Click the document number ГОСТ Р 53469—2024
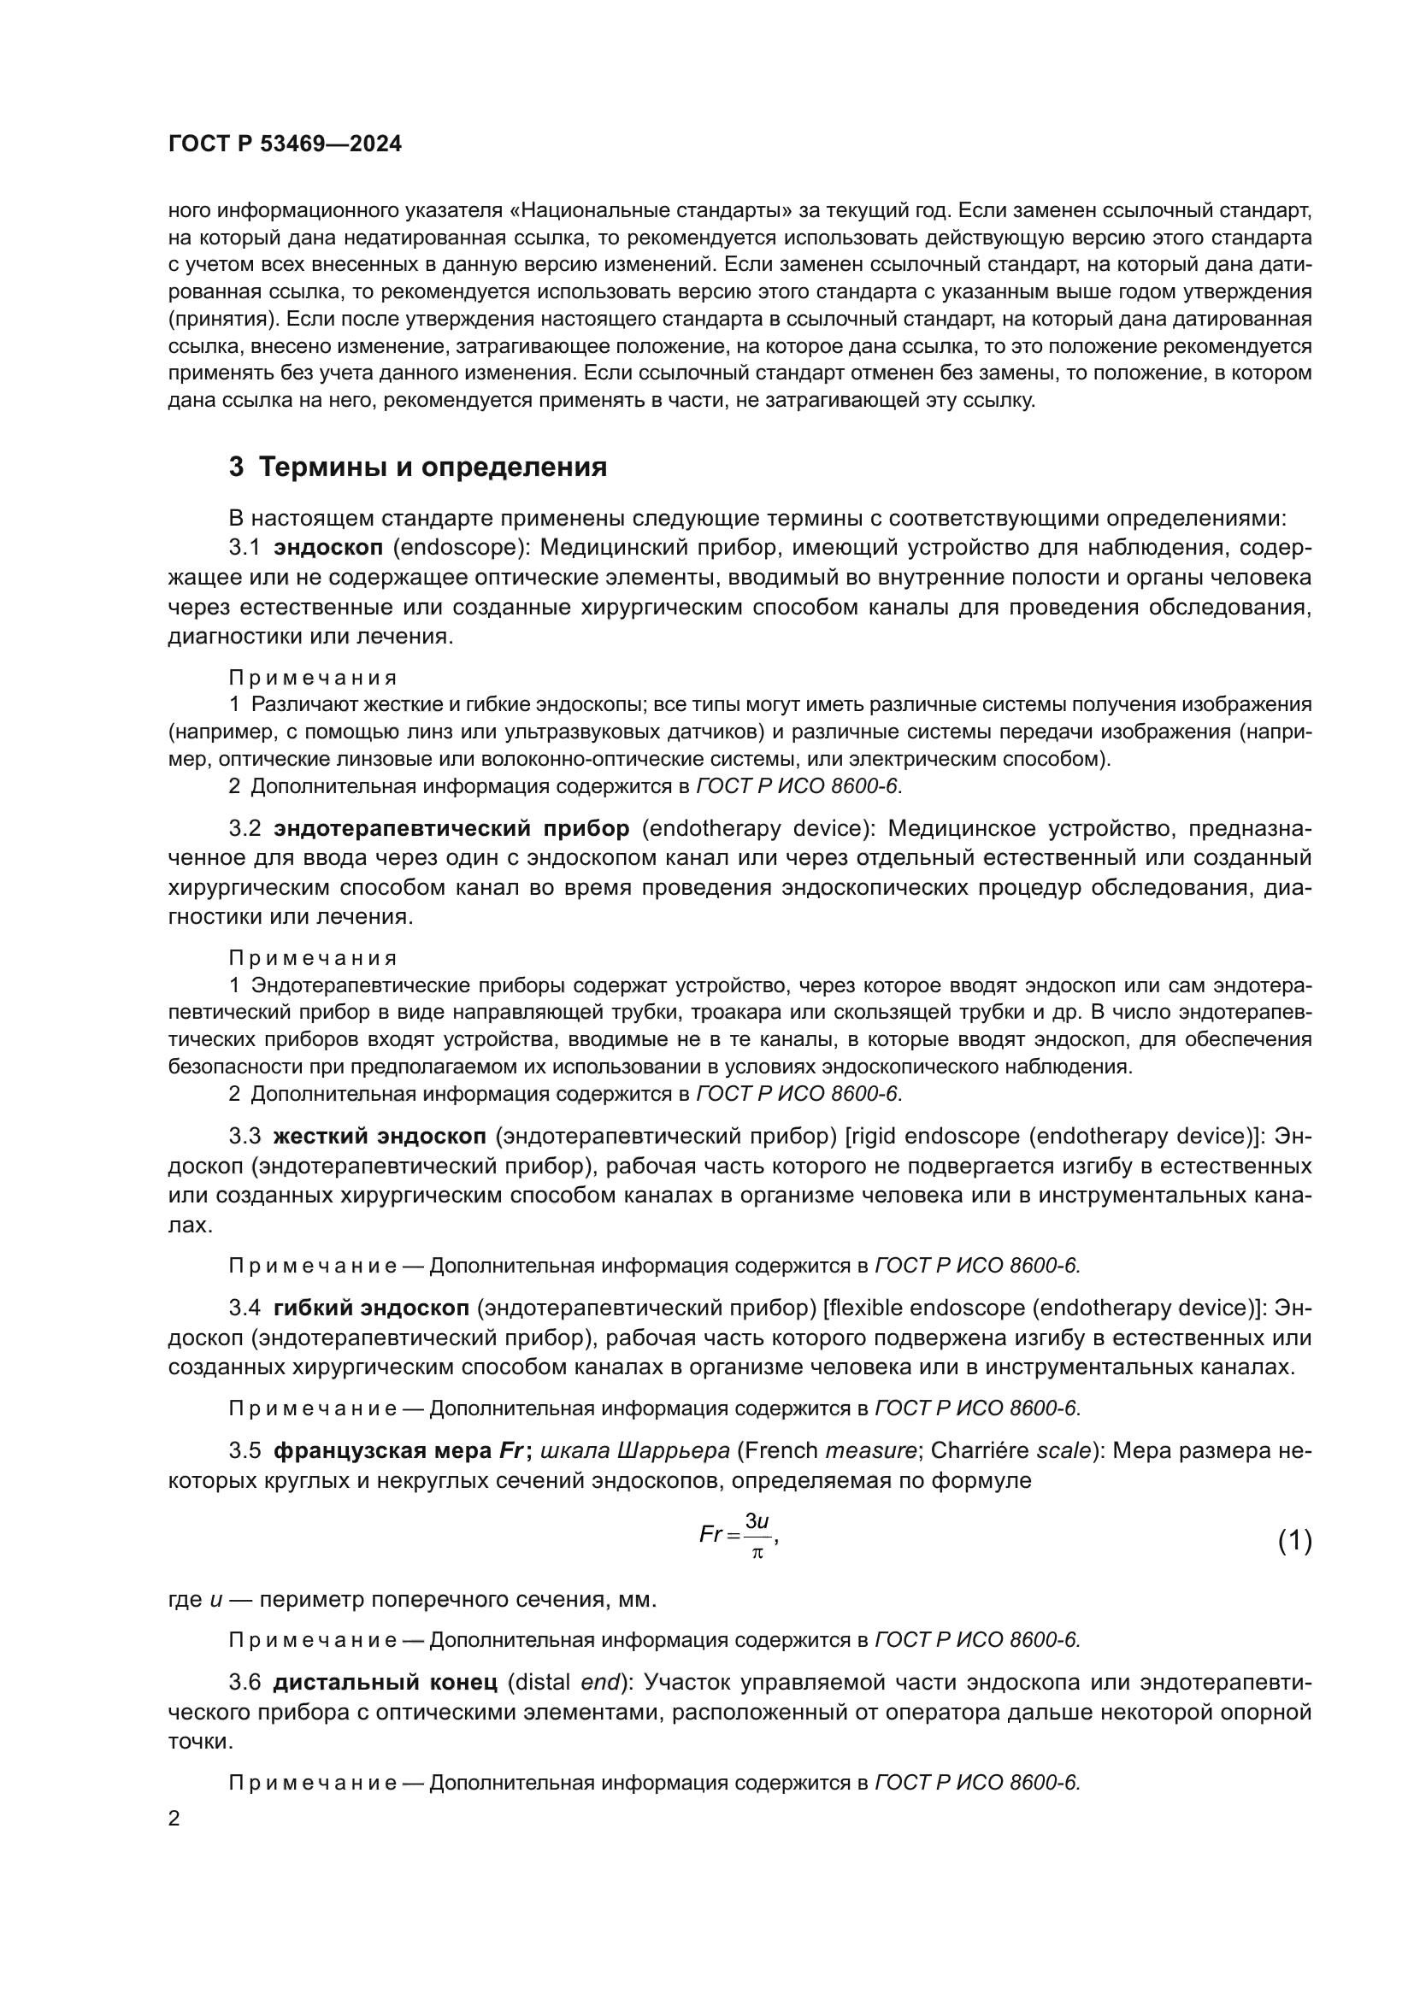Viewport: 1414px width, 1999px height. [285, 144]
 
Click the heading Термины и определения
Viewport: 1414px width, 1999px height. [433, 467]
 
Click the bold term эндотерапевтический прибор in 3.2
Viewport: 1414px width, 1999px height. [451, 828]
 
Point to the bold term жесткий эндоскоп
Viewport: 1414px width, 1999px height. [380, 1136]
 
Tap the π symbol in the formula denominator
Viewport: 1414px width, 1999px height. [757, 1553]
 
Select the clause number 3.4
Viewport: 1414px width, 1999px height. [245, 1308]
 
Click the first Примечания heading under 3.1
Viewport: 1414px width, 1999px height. [313, 678]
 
